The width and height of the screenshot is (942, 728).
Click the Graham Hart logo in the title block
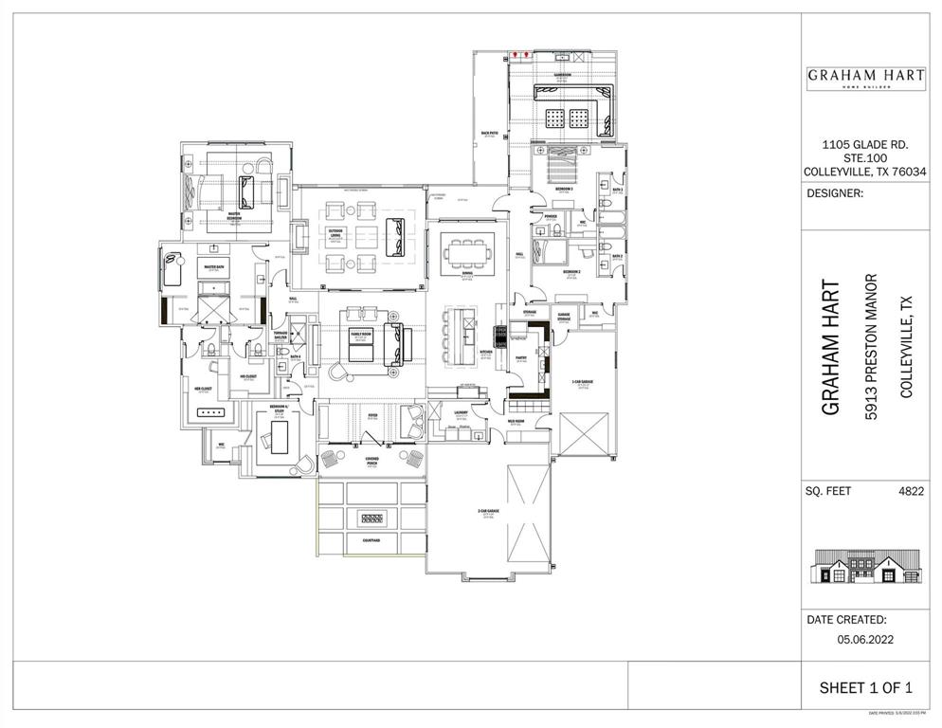pos(866,78)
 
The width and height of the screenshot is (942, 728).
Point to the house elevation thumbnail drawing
pos(865,568)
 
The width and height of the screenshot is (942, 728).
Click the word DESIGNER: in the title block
pos(835,193)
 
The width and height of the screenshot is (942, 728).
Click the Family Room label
pos(361,334)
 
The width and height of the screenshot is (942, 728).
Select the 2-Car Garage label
pos(488,513)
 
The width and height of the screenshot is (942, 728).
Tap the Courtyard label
pos(371,540)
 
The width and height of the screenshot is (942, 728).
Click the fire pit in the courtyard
pos(371,519)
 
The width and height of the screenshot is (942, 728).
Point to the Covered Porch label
pos(371,462)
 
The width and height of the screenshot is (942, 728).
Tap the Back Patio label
pos(490,134)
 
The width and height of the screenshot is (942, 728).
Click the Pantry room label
pos(520,358)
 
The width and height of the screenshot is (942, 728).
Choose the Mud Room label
pos(516,423)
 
